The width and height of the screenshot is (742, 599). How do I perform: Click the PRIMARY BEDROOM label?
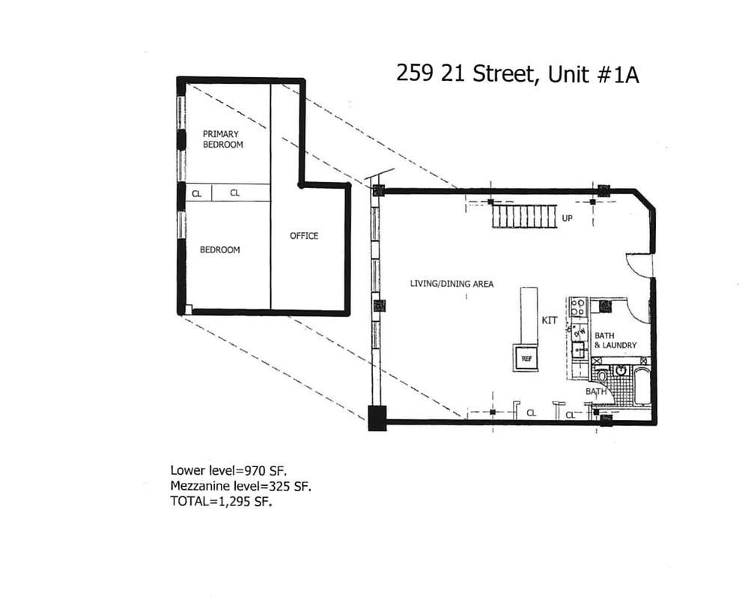(x=222, y=139)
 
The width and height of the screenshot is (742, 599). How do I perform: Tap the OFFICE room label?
(x=304, y=236)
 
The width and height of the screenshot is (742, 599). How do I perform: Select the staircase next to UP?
(x=524, y=218)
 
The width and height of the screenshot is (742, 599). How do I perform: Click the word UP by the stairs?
(x=568, y=218)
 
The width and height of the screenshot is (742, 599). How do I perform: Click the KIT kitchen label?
(x=550, y=320)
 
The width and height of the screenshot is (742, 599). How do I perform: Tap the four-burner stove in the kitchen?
(x=577, y=307)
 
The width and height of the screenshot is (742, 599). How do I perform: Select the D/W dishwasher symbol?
(x=578, y=332)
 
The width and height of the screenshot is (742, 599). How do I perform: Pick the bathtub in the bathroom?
(x=641, y=386)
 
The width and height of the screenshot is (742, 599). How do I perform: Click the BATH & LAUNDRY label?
(x=615, y=340)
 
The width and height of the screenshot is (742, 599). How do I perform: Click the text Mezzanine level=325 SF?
(x=240, y=487)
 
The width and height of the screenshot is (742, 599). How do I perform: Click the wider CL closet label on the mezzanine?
(x=234, y=193)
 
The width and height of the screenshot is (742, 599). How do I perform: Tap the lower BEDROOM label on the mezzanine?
(x=219, y=250)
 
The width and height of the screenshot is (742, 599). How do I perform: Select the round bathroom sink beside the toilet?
(x=621, y=371)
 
